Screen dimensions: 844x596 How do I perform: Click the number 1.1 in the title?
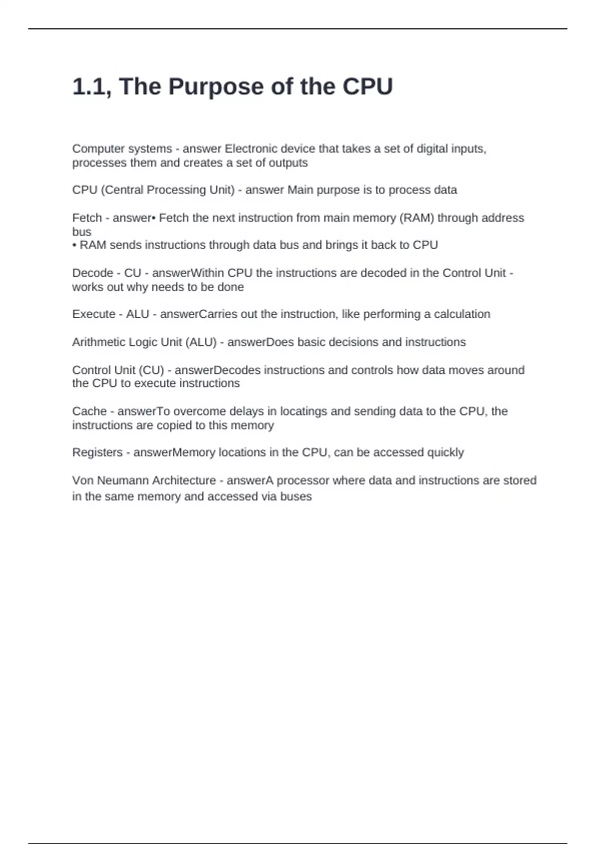(x=91, y=87)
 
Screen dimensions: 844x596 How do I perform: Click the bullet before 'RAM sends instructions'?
(x=74, y=245)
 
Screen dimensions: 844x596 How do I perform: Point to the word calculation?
(x=462, y=314)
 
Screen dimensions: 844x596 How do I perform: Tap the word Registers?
(x=97, y=453)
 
